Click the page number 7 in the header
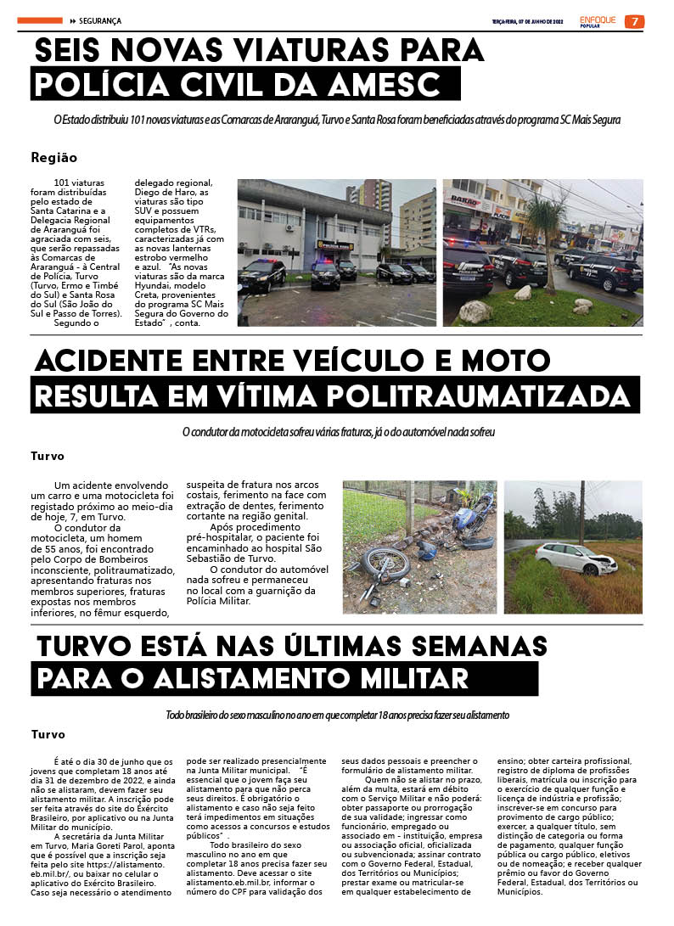(634, 21)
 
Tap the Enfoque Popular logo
(598, 21)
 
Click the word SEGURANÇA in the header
(100, 20)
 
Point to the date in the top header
(527, 21)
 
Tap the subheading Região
(53, 157)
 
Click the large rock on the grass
(476, 311)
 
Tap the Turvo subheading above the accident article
(48, 456)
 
